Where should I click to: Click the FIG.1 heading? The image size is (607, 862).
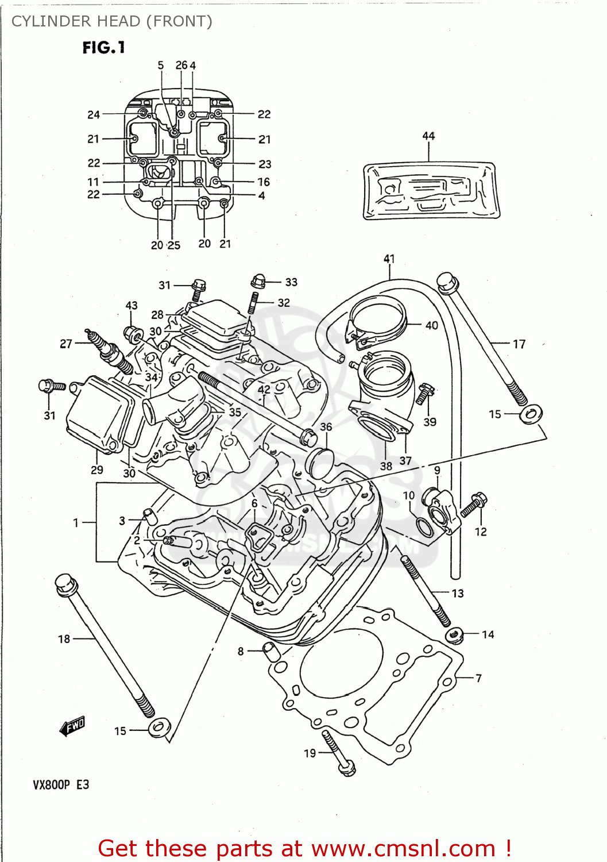click(103, 48)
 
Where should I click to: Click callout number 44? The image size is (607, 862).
click(428, 136)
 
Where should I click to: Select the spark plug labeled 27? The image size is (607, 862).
click(109, 352)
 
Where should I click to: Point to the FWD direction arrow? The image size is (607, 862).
click(72, 726)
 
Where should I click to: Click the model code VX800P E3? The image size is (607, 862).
click(61, 785)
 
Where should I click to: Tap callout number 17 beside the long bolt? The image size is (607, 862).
click(519, 344)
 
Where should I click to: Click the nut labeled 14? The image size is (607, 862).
click(454, 635)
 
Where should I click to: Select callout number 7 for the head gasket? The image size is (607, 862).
click(478, 679)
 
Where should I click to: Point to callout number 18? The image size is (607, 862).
click(64, 639)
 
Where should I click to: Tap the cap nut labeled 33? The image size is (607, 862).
click(258, 281)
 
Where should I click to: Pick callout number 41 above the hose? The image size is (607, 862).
click(389, 259)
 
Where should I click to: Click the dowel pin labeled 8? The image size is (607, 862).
click(270, 651)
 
